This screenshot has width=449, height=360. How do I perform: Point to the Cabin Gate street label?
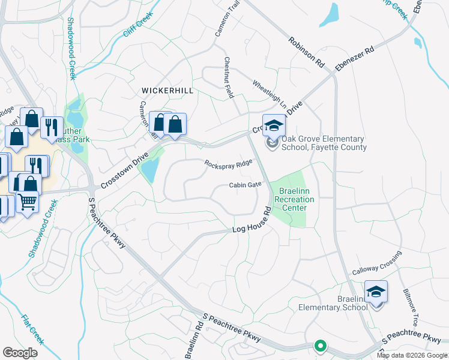[246, 185]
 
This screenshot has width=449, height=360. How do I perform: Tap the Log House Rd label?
[252, 223]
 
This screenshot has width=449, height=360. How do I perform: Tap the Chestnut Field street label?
[228, 77]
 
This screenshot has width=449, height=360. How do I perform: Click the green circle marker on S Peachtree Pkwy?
[321, 346]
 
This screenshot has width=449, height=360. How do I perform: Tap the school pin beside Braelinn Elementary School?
[376, 293]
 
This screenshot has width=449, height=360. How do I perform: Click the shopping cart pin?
[27, 202]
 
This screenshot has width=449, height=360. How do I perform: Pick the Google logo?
[20, 353]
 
